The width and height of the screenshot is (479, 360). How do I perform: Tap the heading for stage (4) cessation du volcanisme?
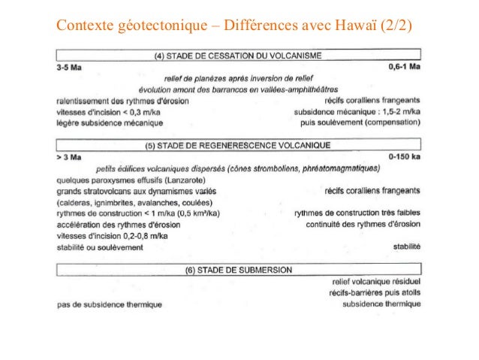(238, 55)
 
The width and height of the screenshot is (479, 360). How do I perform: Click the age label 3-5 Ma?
(69, 67)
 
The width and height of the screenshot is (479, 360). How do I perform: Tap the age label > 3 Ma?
(68, 157)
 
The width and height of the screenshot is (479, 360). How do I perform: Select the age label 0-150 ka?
(405, 157)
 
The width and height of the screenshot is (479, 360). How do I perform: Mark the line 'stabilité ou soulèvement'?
(98, 247)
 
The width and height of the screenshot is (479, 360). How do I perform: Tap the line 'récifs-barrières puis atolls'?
(373, 292)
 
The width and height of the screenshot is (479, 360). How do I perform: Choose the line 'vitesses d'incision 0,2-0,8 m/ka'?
(116, 235)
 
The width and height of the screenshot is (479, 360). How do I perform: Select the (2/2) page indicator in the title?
(399, 29)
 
